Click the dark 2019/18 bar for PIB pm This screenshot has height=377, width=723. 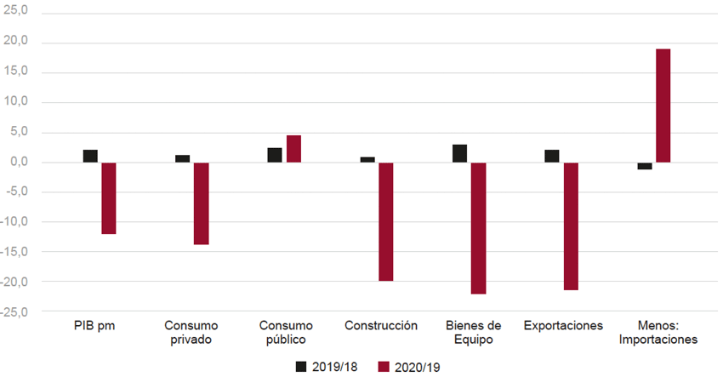click(x=90, y=156)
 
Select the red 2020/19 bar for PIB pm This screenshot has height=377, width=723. click(x=108, y=197)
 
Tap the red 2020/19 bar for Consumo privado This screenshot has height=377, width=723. click(x=201, y=203)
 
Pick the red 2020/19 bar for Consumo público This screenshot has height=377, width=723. click(x=293, y=149)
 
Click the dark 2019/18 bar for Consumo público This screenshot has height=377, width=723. click(x=275, y=155)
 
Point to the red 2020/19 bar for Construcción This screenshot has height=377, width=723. click(x=386, y=221)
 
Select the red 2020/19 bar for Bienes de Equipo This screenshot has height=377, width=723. click(x=478, y=227)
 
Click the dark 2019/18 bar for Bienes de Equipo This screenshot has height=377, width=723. click(x=459, y=153)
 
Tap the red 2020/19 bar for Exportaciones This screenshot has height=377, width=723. click(x=571, y=226)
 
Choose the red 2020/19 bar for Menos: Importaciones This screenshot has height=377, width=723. click(x=663, y=106)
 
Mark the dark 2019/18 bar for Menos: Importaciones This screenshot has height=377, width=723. click(x=645, y=166)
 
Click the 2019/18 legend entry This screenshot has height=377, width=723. click(x=327, y=367)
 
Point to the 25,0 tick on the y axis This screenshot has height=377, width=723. click(x=17, y=12)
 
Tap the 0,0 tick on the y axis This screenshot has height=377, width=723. click(x=19, y=162)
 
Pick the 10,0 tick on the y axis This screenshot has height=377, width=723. click(x=17, y=102)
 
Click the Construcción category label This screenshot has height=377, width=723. click(x=381, y=326)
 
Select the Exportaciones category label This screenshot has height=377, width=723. click(x=563, y=326)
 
